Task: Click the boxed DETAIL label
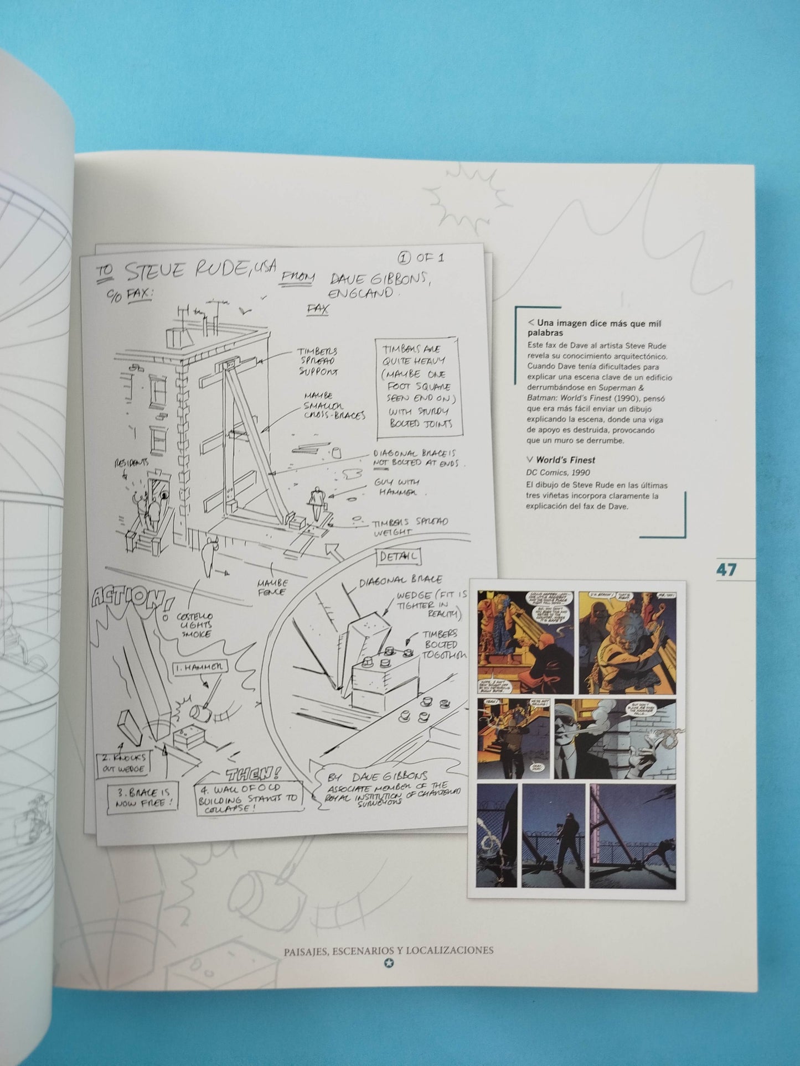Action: click(398, 557)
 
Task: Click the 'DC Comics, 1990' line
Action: click(558, 472)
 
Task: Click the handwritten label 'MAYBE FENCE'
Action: click(271, 587)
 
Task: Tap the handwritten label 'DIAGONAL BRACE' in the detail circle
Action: click(401, 580)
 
